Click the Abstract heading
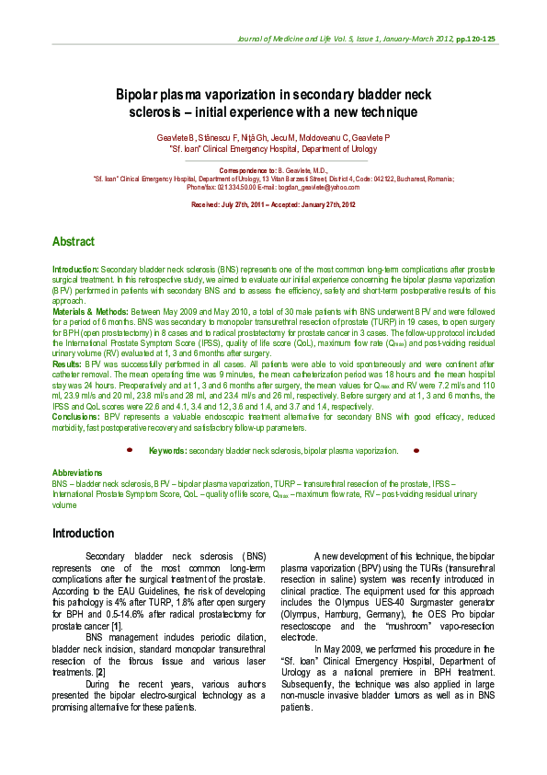pyautogui.click(x=73, y=242)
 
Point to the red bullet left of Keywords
pyautogui.click(x=130, y=450)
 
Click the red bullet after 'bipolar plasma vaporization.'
pyautogui.click(x=416, y=450)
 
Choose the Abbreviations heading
pyautogui.click(x=77, y=472)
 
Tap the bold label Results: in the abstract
pyautogui.click(x=67, y=365)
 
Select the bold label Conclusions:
pyautogui.click(x=75, y=417)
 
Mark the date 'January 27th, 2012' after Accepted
pyautogui.click(x=325, y=204)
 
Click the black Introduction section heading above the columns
pyautogui.click(x=83, y=534)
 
